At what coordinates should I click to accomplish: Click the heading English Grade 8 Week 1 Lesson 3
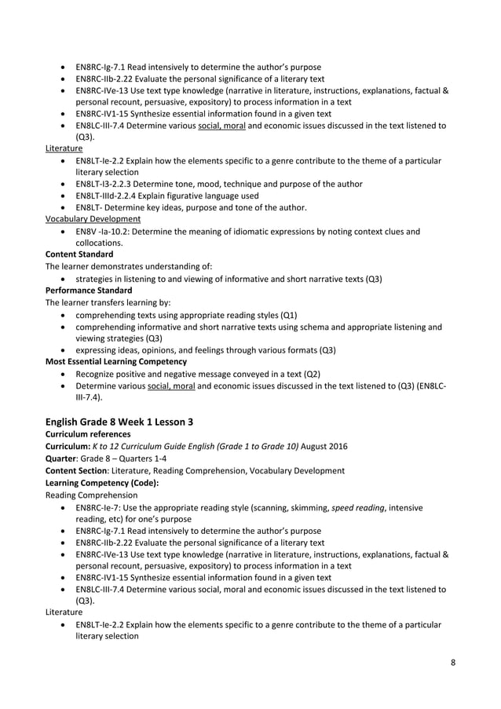click(x=119, y=421)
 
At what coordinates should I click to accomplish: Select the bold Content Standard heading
click(x=79, y=254)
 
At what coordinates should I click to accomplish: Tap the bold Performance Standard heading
click(x=88, y=290)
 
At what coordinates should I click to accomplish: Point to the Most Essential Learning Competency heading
click(x=115, y=361)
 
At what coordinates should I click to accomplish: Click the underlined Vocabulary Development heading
click(x=93, y=219)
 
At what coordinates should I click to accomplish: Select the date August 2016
click(x=324, y=446)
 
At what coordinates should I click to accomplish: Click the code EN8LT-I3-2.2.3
click(x=110, y=184)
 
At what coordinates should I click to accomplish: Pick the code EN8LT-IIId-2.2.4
click(x=115, y=196)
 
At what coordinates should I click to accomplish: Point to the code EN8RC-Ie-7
click(x=104, y=506)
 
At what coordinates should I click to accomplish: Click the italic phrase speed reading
click(x=358, y=506)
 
